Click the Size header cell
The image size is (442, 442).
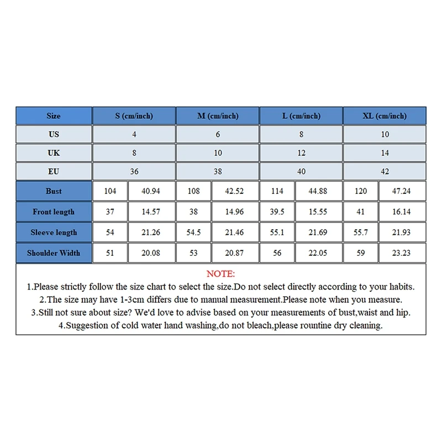tap(54, 116)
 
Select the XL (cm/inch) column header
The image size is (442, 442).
tap(385, 116)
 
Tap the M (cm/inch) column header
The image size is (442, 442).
tap(218, 116)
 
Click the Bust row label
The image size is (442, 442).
tap(54, 191)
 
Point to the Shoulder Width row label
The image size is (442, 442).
tap(54, 253)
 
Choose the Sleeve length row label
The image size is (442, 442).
tap(54, 233)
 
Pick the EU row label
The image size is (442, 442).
tap(54, 171)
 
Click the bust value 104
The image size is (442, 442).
tap(110, 191)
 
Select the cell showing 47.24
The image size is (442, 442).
tap(402, 191)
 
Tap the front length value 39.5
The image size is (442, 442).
tap(277, 212)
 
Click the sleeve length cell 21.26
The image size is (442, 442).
tap(151, 233)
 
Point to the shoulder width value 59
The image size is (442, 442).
tap(361, 253)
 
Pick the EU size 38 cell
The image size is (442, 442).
tap(218, 171)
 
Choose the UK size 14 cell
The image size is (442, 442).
tap(385, 153)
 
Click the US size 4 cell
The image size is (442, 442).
tap(134, 134)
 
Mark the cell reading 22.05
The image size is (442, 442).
tap(318, 253)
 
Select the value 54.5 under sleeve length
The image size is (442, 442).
tap(193, 233)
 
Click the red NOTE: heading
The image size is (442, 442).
tap(220, 274)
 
